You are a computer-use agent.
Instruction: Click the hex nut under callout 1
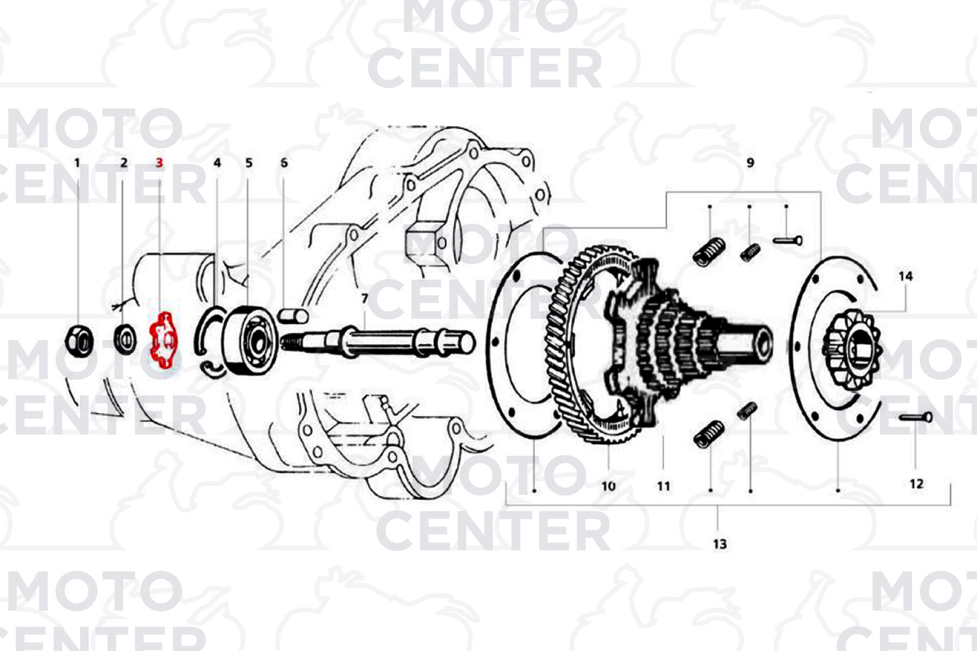(79, 341)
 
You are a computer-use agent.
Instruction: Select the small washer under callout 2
(125, 340)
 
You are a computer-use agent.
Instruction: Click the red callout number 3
(159, 163)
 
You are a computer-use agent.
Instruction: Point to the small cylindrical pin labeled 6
(293, 315)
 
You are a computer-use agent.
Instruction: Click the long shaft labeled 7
(378, 342)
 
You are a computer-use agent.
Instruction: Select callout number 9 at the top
(750, 163)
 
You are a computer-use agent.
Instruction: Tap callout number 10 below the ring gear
(608, 486)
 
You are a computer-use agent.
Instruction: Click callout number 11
(663, 486)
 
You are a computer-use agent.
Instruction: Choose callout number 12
(916, 483)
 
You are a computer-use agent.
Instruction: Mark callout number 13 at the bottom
(719, 544)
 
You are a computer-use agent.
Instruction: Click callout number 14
(905, 276)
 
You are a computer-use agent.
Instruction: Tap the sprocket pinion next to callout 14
(852, 350)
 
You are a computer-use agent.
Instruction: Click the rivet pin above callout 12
(915, 417)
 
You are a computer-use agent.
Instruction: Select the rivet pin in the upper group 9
(788, 240)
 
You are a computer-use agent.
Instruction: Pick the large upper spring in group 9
(709, 251)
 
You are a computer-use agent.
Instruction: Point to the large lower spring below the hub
(709, 434)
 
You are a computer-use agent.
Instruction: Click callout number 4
(217, 163)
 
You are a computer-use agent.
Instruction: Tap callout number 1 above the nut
(77, 163)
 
